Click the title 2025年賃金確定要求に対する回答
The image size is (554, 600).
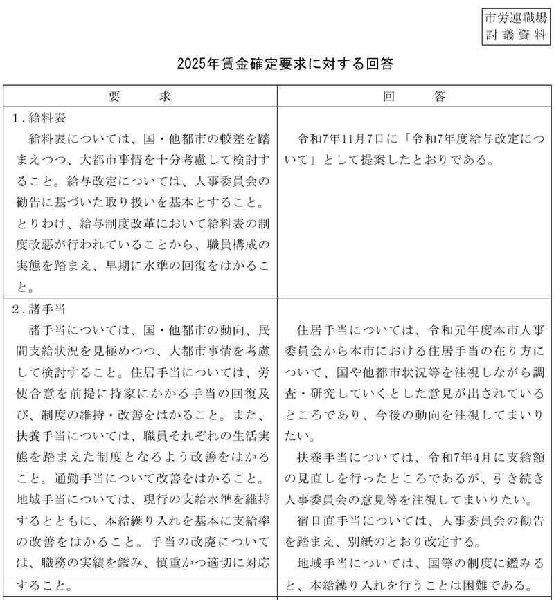285,64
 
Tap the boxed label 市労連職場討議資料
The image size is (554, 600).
516,26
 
